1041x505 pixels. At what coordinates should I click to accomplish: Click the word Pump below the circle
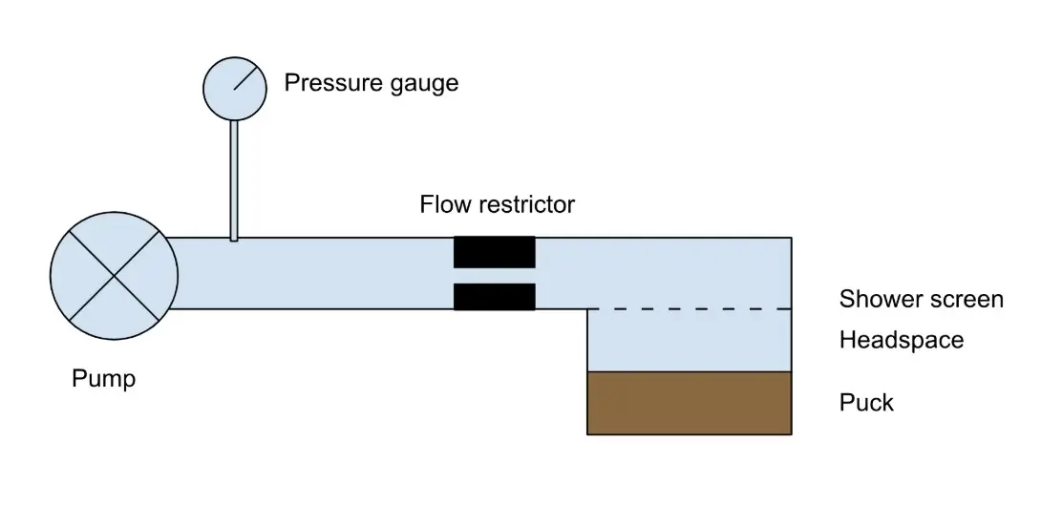point(104,379)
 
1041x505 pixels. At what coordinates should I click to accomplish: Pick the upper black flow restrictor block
point(494,252)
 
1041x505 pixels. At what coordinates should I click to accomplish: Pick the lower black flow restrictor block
point(494,297)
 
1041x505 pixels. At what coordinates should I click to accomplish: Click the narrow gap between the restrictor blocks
point(494,275)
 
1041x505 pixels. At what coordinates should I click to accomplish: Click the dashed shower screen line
point(688,309)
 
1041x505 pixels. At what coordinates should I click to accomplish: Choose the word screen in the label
point(966,300)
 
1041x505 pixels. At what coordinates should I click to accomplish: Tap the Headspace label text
point(902,340)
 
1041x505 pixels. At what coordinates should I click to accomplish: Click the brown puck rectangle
point(689,403)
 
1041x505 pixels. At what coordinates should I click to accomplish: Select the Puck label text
point(866,403)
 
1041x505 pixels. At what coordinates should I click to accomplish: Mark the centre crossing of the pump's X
point(114,276)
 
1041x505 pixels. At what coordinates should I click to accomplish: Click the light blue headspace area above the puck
point(689,341)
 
